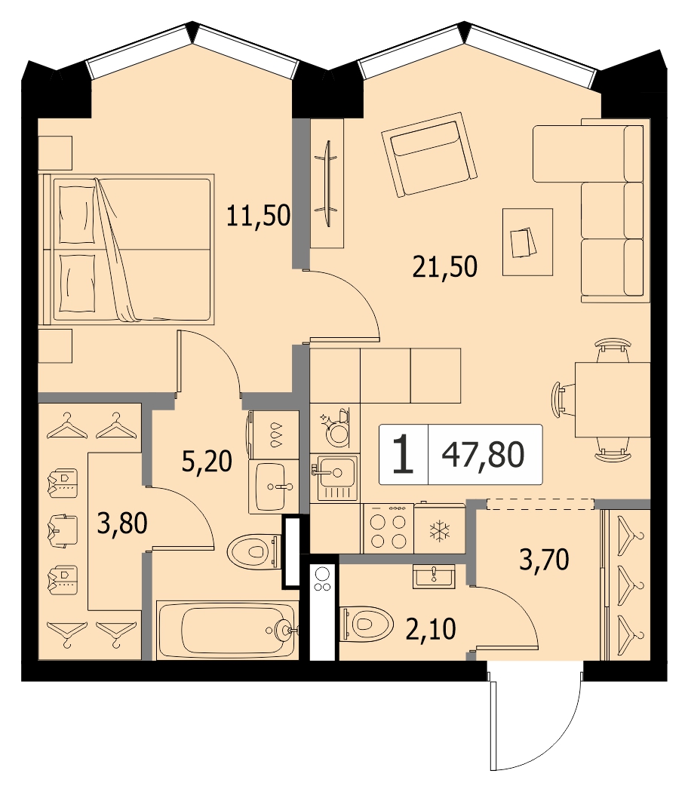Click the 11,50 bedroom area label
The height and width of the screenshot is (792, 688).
coord(258,216)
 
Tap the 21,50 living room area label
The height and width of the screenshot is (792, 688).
coord(444,267)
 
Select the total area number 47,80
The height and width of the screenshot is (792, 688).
coord(483,454)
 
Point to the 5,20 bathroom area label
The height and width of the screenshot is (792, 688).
coord(207,461)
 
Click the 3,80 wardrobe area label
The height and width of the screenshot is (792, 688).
coord(122,523)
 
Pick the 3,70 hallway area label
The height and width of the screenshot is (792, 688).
coord(544,560)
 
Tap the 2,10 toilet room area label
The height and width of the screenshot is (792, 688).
coord(431,629)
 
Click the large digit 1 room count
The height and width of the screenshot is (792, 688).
coord(403,455)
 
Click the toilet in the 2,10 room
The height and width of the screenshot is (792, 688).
coord(367,623)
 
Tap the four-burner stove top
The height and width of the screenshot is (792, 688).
coord(388,528)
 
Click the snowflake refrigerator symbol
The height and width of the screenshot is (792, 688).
coord(440,531)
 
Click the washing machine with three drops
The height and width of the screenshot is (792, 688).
coord(273,435)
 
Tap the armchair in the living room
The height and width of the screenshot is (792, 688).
coord(429,155)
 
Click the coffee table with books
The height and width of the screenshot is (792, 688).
coord(527,242)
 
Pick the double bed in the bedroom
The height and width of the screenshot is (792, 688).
coord(127,250)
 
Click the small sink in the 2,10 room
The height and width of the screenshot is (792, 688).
coord(434,576)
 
